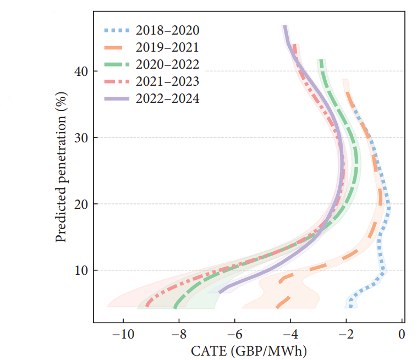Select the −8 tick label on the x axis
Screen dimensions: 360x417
pos(179,334)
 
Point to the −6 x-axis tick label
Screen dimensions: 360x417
pos(234,334)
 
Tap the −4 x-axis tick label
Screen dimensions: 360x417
pos(290,334)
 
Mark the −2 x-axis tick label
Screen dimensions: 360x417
pos(346,334)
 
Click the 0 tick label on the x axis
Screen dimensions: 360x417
pos(402,334)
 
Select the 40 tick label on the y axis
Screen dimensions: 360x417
pos(81,71)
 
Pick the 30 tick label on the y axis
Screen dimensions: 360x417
pos(81,137)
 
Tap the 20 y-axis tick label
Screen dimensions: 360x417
pos(81,204)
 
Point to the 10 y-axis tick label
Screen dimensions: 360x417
pos(81,270)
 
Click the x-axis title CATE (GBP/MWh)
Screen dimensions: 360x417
pos(249,350)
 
